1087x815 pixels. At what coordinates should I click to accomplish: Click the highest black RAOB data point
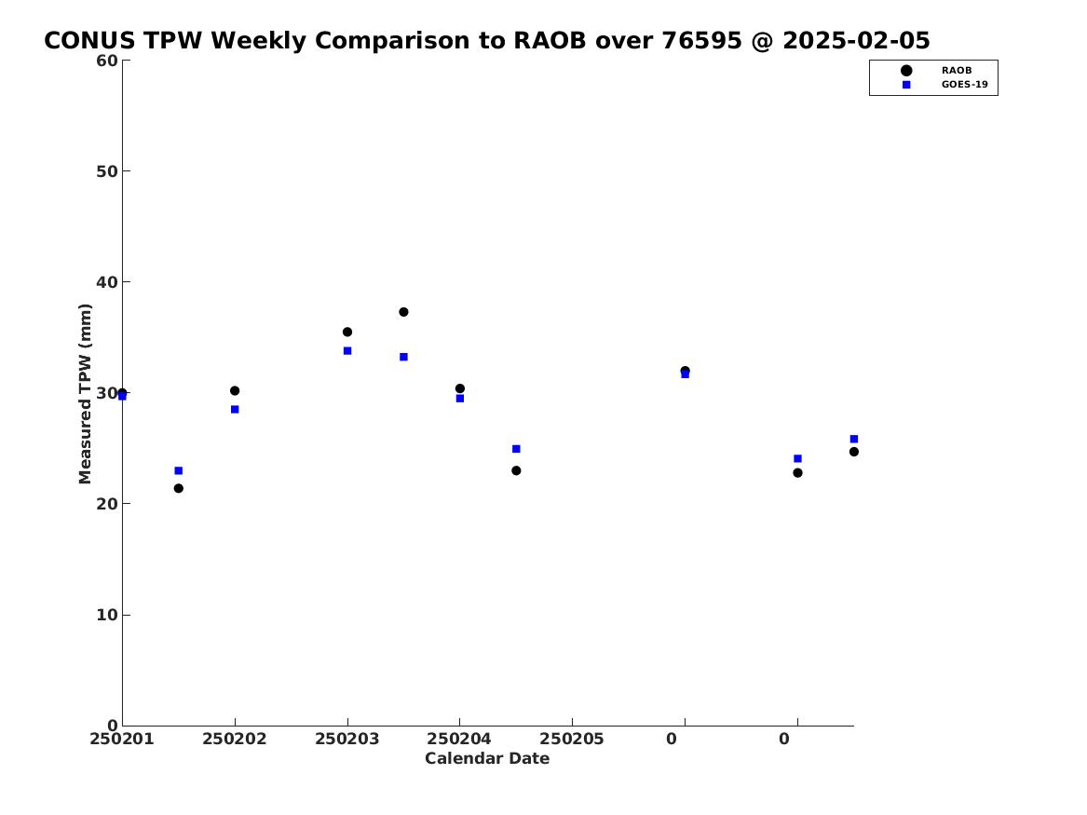click(x=403, y=312)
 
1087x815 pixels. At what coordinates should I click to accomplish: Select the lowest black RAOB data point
click(x=178, y=488)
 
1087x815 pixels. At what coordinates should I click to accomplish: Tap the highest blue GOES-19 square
click(x=347, y=350)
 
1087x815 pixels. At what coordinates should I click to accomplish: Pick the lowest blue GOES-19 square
click(x=178, y=470)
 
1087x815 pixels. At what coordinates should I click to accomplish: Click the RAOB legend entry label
click(x=956, y=70)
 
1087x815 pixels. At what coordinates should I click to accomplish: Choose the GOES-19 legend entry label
click(x=964, y=85)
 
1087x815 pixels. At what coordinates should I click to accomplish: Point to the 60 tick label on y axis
click(x=107, y=61)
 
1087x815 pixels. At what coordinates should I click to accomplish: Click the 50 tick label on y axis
click(x=107, y=171)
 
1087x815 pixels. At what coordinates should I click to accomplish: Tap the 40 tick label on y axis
click(x=107, y=282)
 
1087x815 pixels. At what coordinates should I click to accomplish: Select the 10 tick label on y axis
click(x=107, y=615)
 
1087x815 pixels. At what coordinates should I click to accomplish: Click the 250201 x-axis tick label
click(x=122, y=739)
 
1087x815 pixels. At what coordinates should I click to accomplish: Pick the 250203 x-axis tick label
click(x=347, y=739)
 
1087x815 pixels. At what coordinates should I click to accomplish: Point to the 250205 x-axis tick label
click(x=572, y=739)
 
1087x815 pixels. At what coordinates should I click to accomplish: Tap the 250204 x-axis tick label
click(x=459, y=739)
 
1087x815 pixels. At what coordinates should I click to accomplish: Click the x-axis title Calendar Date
click(x=487, y=758)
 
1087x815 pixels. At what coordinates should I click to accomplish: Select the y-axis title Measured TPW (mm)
click(x=85, y=394)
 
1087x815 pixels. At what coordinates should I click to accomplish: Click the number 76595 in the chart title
click(x=701, y=41)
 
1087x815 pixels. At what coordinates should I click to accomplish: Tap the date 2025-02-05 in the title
click(x=856, y=41)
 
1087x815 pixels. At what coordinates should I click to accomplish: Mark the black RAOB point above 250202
click(x=235, y=391)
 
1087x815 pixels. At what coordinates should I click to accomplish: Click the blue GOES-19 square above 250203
click(x=347, y=350)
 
